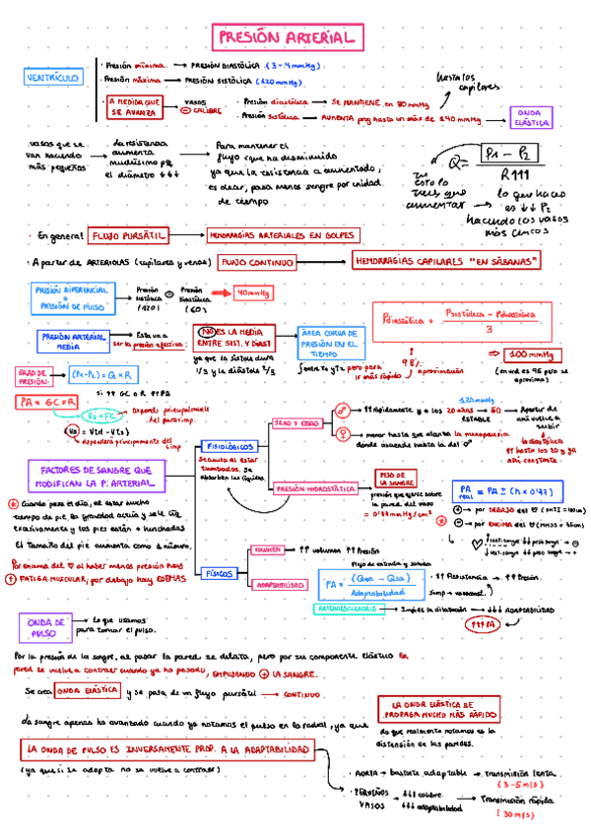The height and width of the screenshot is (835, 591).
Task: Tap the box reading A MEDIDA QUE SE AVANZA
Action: [x=135, y=107]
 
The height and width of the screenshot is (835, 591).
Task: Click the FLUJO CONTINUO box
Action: [x=257, y=263]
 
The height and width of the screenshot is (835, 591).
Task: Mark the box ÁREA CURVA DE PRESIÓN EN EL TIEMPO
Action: [x=331, y=343]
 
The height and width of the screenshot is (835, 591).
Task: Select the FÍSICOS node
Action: [x=219, y=572]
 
